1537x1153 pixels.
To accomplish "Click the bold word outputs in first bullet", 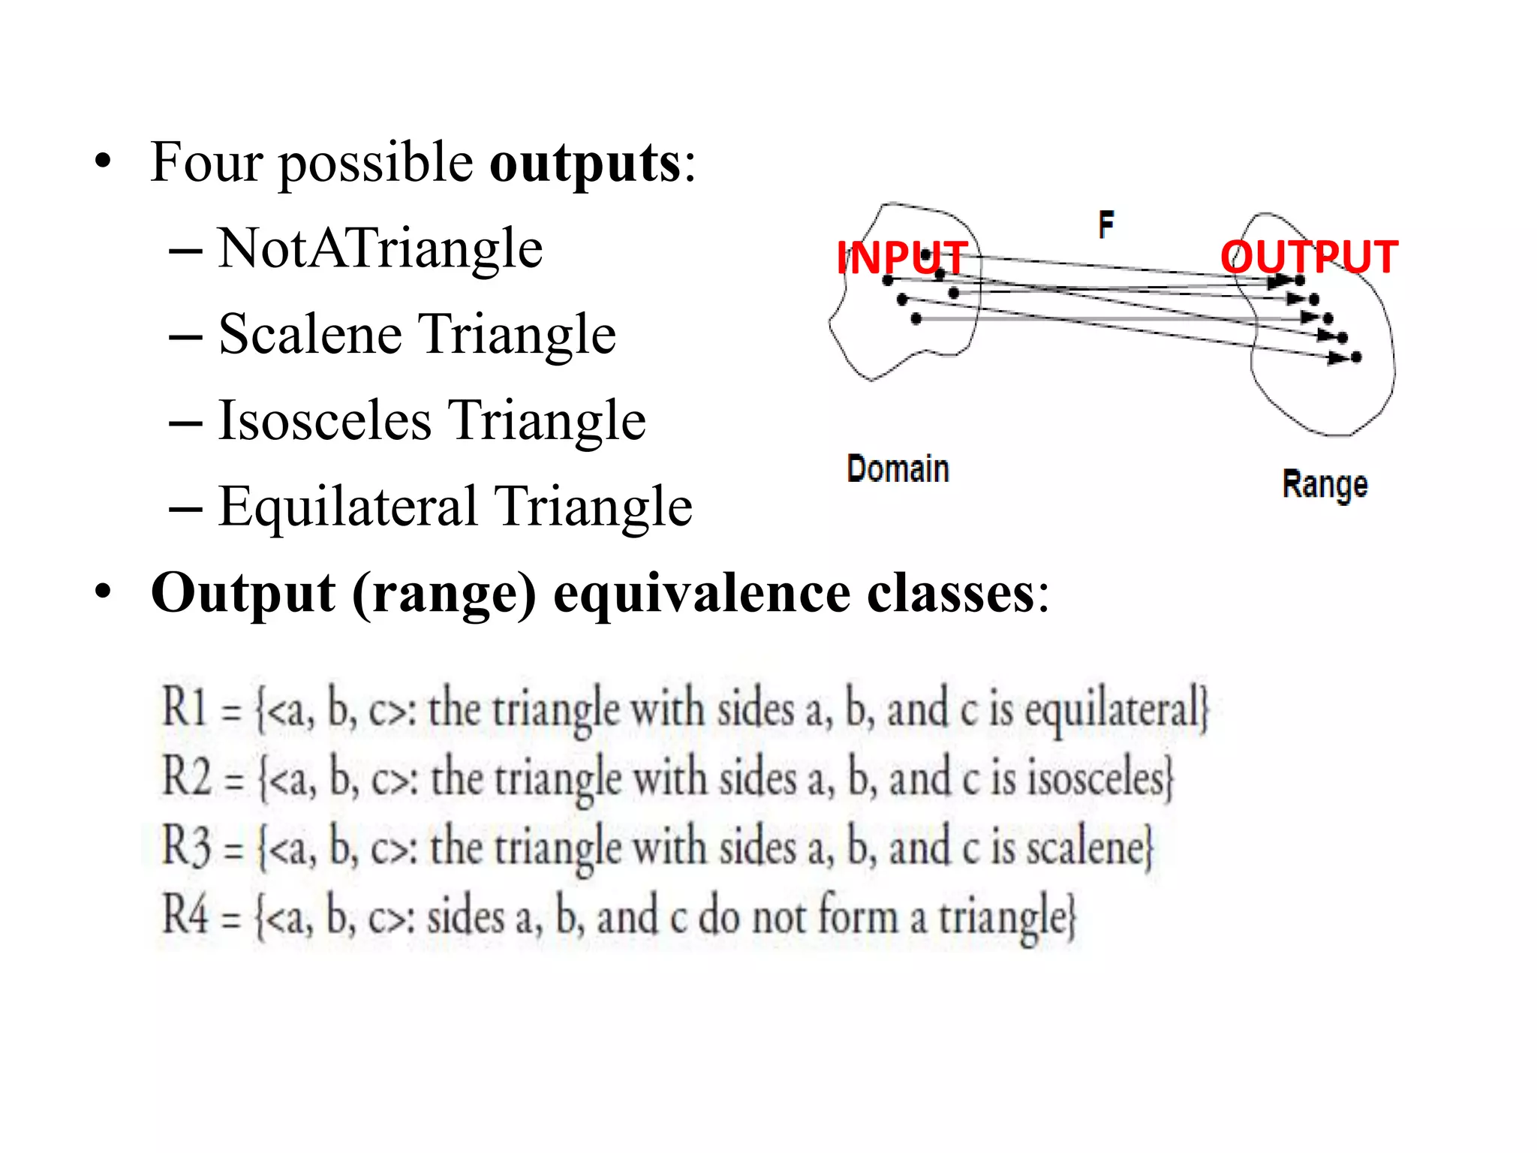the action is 585,163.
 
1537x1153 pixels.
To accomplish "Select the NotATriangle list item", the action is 380,248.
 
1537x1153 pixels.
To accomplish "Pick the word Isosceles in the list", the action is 324,420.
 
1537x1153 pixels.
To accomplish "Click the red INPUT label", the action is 901,258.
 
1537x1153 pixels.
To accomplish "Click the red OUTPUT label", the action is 1309,257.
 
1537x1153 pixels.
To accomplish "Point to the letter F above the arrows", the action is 1106,224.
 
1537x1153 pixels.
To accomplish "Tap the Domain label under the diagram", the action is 898,469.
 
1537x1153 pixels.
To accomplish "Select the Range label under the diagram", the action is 1325,485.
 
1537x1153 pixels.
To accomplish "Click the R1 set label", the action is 185,708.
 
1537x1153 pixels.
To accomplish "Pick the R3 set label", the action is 185,846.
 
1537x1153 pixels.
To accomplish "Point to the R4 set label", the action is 185,915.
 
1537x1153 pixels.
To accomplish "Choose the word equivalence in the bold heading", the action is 702,593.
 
